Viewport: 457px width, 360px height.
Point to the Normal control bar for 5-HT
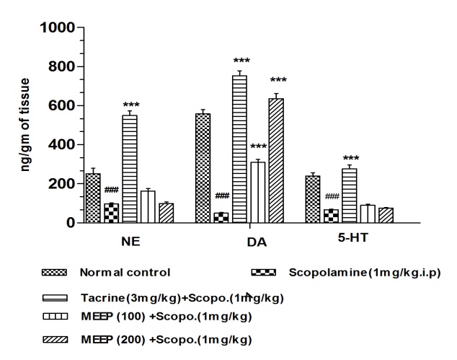pyautogui.click(x=312, y=199)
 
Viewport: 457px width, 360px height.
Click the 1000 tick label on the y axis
pyautogui.click(x=57, y=27)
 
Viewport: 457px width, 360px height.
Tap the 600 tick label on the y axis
pyautogui.click(x=61, y=105)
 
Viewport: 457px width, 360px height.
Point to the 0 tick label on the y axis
pyautogui.click(x=70, y=223)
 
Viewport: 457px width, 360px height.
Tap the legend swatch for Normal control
pyautogui.click(x=56, y=273)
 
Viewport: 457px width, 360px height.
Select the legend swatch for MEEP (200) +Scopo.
pyautogui.click(x=56, y=338)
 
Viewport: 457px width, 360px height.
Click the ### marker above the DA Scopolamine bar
pyautogui.click(x=221, y=196)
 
